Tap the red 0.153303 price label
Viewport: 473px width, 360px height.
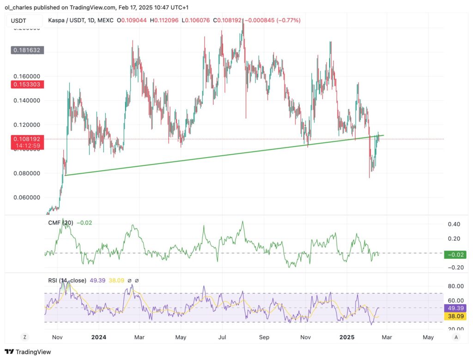tap(24, 85)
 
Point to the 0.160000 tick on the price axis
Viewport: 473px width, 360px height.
tap(24, 76)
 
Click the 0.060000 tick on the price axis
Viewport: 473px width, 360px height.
tap(24, 198)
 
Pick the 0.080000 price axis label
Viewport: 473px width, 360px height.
tap(24, 173)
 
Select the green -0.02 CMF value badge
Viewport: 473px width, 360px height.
tap(455, 255)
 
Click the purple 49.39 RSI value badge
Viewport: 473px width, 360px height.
tap(455, 308)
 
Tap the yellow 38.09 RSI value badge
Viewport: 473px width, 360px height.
tap(455, 317)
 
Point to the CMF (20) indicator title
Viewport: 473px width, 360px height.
tap(61, 223)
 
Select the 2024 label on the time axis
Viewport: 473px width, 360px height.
tap(99, 337)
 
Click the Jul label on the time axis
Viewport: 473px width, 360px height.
tap(222, 337)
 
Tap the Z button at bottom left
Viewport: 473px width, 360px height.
tap(24, 337)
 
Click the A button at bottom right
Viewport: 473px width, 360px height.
tap(456, 337)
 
